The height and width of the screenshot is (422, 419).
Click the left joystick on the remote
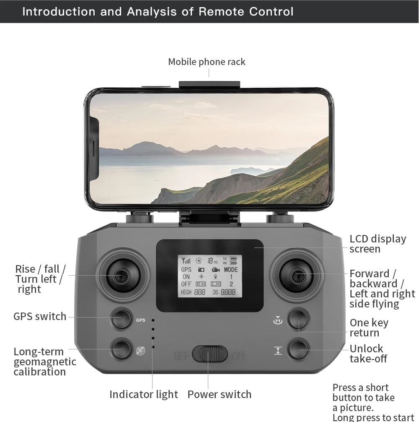point(123,275)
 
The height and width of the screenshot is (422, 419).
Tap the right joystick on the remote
point(297,275)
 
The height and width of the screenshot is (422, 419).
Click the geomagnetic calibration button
point(122,349)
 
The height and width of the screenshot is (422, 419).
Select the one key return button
point(298,320)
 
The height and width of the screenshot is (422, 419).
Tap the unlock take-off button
point(298,349)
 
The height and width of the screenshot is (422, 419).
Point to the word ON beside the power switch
point(238,356)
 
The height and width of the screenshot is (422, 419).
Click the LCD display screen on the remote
point(209,276)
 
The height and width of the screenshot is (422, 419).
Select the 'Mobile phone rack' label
point(207,62)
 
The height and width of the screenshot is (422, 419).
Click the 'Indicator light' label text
point(144,394)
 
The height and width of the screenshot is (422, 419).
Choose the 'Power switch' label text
point(220,394)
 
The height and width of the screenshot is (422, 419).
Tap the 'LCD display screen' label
point(378,244)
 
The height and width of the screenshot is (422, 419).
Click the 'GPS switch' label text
point(40,316)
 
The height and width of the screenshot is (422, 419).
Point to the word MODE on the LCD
point(230,270)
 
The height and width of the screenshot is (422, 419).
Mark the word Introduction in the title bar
point(59,11)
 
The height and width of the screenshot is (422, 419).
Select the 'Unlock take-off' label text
point(368,354)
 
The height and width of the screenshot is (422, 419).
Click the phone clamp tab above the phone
point(209,84)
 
